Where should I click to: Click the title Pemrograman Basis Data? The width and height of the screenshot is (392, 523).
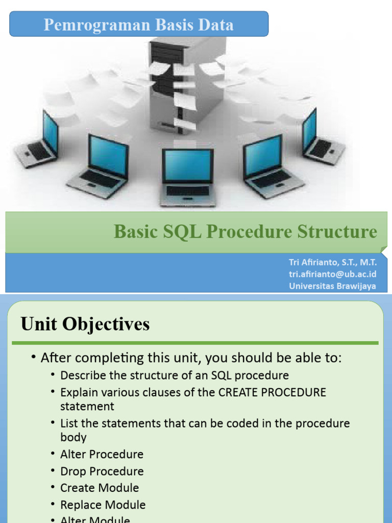pos(139,25)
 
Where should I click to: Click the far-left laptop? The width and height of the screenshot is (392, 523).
pos(37,140)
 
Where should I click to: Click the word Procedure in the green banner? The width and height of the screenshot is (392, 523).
pos(249,231)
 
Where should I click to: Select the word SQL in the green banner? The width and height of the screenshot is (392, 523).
pos(182,231)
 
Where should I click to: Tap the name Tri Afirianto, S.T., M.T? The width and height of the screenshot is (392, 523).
pos(333,263)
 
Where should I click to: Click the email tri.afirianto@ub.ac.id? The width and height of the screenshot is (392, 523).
pos(332,274)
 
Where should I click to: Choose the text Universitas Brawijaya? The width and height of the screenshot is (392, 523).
pos(332,286)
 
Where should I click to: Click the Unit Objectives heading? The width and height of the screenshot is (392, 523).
pos(85,324)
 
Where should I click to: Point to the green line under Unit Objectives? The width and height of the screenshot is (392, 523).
pos(195,343)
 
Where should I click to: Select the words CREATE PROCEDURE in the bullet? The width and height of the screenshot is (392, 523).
pos(272,392)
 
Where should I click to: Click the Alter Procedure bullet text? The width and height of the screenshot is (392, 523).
pos(102,454)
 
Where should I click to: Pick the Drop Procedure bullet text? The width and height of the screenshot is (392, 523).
pos(102,471)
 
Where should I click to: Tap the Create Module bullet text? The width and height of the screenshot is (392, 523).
pos(100,488)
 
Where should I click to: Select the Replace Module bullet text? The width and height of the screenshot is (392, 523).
pos(103,505)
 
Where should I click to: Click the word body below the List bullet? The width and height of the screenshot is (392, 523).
pos(73,437)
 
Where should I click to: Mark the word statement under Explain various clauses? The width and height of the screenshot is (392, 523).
pos(87,407)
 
